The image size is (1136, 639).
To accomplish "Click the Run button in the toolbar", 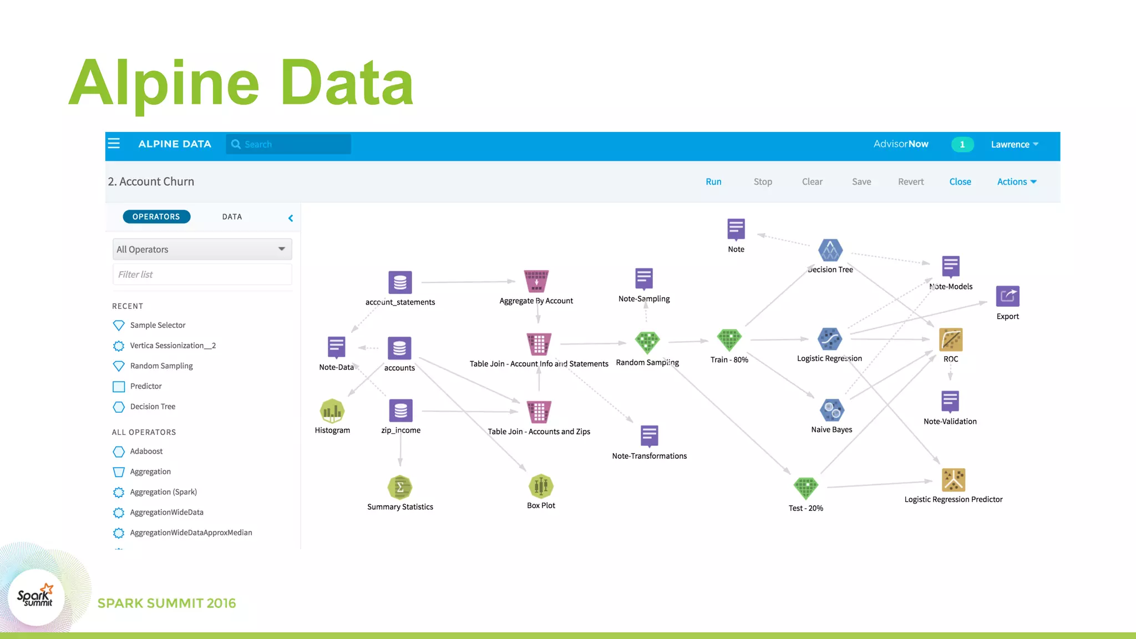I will (713, 181).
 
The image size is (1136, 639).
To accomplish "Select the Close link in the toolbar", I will (960, 181).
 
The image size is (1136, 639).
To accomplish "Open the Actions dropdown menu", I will (1016, 181).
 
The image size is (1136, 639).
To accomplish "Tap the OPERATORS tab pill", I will (156, 217).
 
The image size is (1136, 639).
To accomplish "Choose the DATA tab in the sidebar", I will (232, 217).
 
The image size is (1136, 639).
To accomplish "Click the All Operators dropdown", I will (202, 250).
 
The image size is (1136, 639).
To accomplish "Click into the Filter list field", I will (202, 275).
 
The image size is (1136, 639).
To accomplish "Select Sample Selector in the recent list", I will (158, 325).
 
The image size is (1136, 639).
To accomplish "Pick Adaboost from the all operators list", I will (146, 452).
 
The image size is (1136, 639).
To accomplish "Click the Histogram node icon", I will (332, 411).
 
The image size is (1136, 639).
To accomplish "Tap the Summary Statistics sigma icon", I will (400, 488).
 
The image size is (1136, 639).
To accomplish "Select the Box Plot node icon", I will (541, 486).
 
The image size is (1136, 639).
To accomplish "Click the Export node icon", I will (1007, 296).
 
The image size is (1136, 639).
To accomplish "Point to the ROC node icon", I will (950, 339).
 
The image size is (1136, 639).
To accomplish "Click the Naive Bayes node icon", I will (831, 410).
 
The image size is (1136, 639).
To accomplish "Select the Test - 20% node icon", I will (805, 488).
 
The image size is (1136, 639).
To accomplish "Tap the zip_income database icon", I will (400, 411).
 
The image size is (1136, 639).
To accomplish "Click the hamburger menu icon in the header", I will (114, 144).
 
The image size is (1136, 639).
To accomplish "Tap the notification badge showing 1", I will (962, 144).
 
